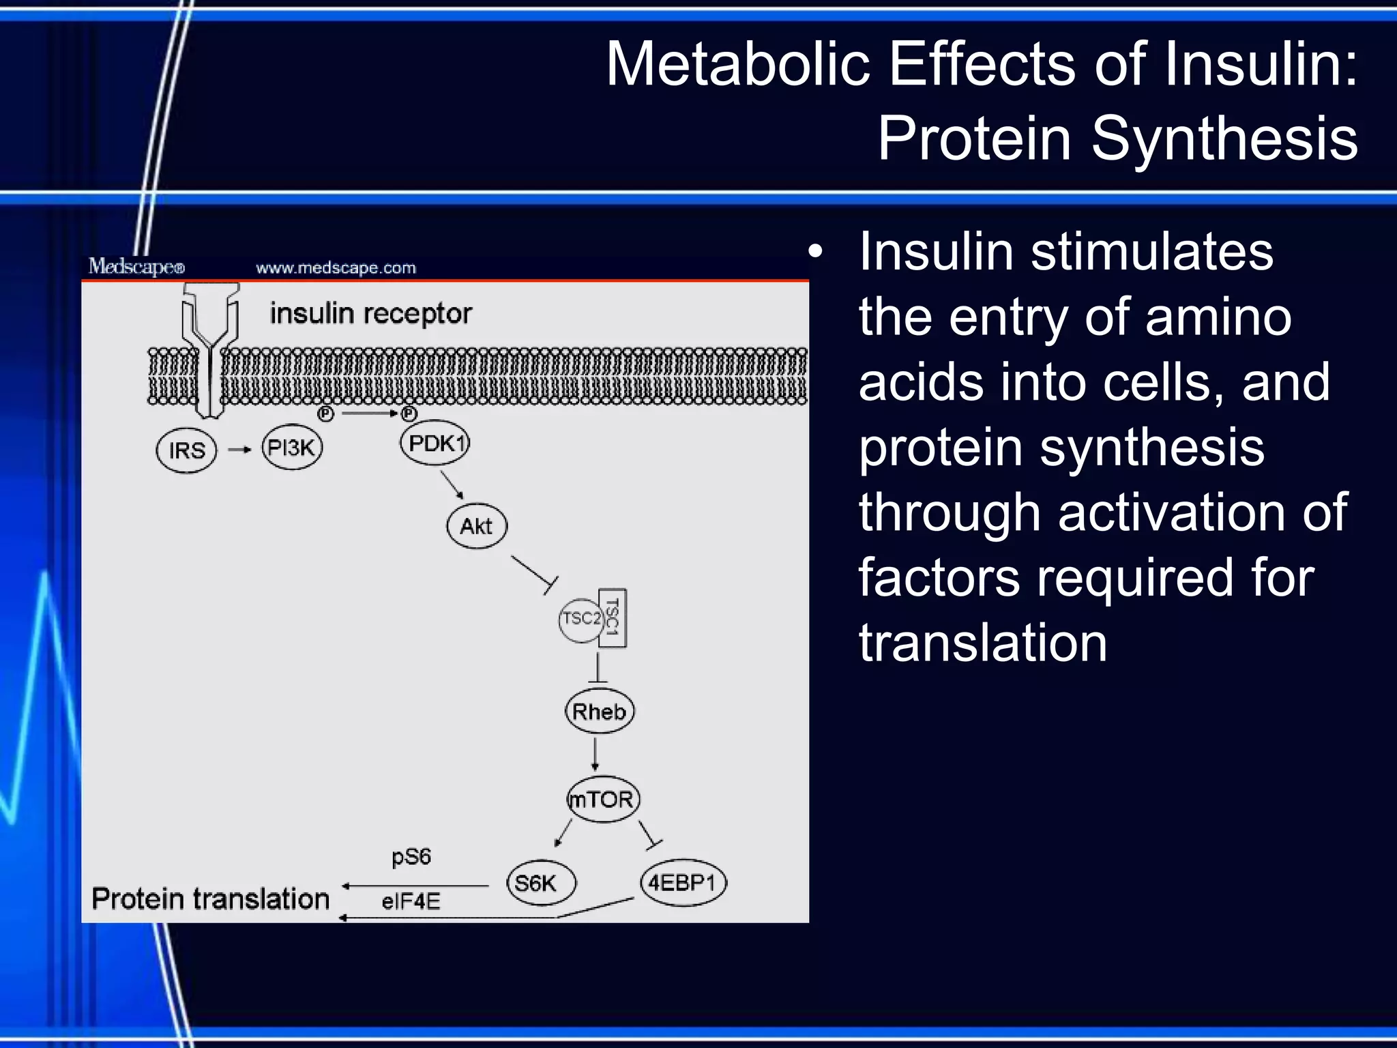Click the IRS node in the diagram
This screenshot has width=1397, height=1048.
186,450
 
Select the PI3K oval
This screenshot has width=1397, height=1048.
292,448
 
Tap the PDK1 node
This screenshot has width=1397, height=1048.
435,443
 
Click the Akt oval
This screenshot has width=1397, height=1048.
477,526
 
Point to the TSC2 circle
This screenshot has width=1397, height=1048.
580,620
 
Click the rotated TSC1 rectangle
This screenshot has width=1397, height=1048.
613,618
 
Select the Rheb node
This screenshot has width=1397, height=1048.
600,712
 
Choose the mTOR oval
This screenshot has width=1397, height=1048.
602,799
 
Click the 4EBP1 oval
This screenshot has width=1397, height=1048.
683,882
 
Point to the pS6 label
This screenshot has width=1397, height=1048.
411,856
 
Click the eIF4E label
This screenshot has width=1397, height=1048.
411,902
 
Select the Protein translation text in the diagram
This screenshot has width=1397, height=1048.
210,899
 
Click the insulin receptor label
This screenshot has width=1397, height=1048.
370,314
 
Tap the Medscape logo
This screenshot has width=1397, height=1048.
136,266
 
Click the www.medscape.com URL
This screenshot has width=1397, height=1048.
336,267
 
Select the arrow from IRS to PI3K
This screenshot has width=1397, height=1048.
239,450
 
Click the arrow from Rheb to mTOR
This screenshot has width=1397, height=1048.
595,755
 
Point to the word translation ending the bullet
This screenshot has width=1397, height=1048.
982,643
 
